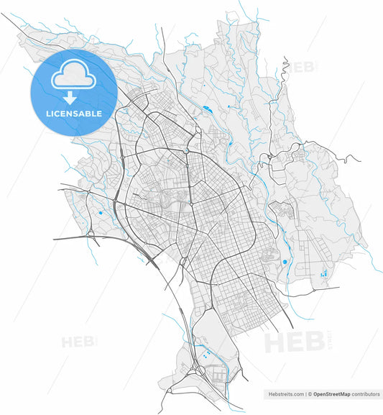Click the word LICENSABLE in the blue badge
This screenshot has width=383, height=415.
(x=74, y=114)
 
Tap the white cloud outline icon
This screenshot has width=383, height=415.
(x=74, y=75)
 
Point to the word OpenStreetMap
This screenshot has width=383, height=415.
(x=330, y=394)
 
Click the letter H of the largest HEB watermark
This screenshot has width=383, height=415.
(x=277, y=342)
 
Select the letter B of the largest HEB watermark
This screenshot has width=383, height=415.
(x=314, y=342)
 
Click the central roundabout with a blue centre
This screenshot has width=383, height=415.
(x=185, y=151)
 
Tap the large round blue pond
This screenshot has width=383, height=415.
(x=285, y=262)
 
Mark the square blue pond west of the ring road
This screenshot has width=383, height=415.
(x=100, y=213)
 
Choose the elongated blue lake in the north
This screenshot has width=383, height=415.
(x=207, y=109)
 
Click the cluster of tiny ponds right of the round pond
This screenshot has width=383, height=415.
(x=323, y=273)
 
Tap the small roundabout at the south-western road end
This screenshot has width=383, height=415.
(x=170, y=392)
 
